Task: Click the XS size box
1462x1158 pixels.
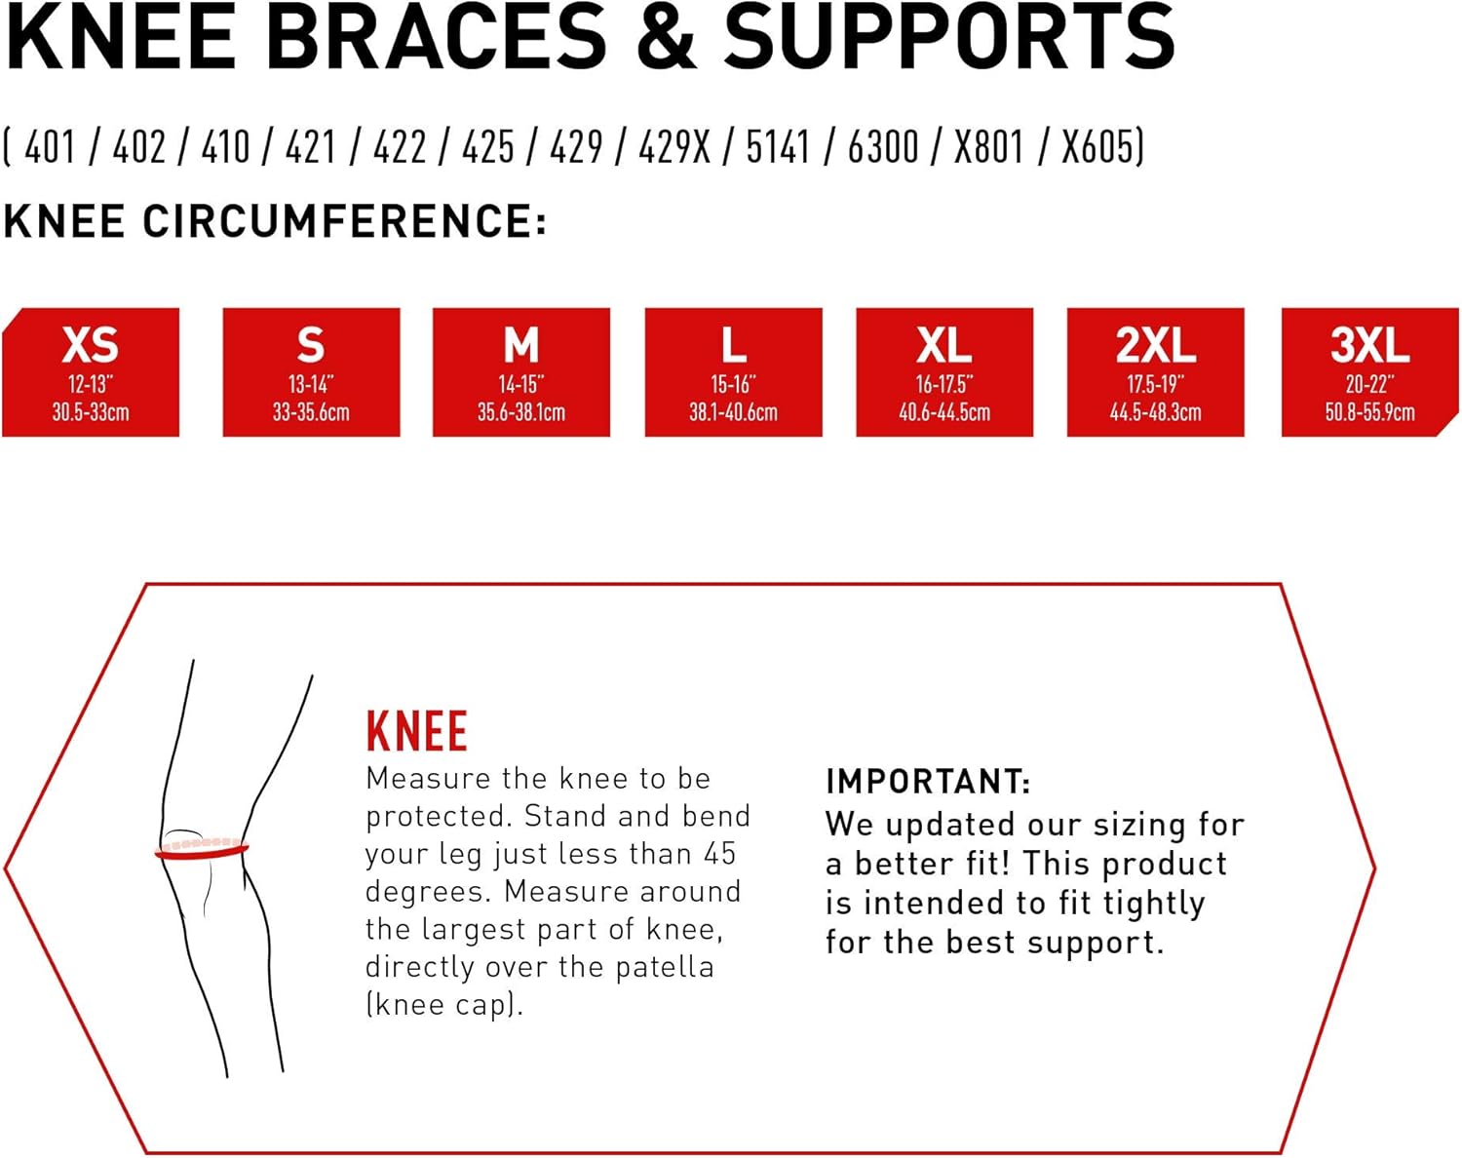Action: pos(91,372)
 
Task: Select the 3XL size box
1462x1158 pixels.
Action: pos(1369,372)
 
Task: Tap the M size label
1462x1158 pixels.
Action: pos(521,345)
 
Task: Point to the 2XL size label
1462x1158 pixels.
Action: pos(1155,345)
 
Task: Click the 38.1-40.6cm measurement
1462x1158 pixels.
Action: pos(733,412)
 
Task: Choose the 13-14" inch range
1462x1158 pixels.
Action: pos(311,384)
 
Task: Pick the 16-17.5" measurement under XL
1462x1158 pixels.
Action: pos(943,384)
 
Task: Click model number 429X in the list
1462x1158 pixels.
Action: pos(674,148)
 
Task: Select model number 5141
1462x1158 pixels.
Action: pos(778,148)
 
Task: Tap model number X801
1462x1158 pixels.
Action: pos(988,148)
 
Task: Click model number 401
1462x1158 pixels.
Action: pos(50,148)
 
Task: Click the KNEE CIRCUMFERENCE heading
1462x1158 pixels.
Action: pos(275,221)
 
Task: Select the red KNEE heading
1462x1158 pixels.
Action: pos(416,731)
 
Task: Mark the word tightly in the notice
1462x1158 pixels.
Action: pos(1154,904)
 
